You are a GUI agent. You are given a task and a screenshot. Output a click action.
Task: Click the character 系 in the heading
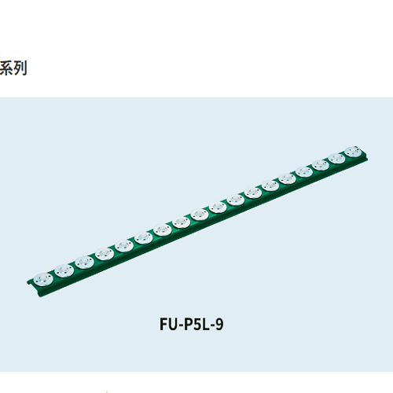pyautogui.click(x=6, y=68)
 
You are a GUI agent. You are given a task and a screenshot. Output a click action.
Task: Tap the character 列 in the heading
pyautogui.click(x=20, y=68)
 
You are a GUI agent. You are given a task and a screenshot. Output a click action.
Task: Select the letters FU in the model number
pyautogui.click(x=169, y=324)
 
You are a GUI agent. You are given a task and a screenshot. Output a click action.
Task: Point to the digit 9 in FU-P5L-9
pyautogui.click(x=219, y=325)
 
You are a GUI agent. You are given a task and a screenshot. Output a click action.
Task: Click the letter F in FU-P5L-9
pyautogui.click(x=163, y=324)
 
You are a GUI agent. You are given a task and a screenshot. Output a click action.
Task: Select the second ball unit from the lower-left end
pyautogui.click(x=64, y=270)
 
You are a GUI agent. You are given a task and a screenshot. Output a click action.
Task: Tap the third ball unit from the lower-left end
pyautogui.click(x=84, y=263)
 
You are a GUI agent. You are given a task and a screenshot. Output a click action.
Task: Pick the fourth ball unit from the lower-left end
pyautogui.click(x=105, y=254)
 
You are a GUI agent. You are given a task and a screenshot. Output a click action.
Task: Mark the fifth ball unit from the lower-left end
pyautogui.click(x=124, y=246)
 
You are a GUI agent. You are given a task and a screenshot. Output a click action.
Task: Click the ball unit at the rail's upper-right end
pyautogui.click(x=353, y=152)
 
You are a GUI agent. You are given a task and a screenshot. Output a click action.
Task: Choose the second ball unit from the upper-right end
pyautogui.click(x=336, y=159)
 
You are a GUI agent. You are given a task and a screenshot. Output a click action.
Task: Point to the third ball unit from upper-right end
pyautogui.click(x=321, y=165)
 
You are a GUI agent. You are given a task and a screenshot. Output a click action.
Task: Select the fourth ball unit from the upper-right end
pyautogui.click(x=304, y=172)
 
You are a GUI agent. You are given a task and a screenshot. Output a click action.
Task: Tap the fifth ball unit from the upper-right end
pyautogui.click(x=287, y=179)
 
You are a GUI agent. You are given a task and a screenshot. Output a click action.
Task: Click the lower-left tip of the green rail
pyautogui.click(x=28, y=282)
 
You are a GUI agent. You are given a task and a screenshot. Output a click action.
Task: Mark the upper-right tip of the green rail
pyautogui.click(x=367, y=158)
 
